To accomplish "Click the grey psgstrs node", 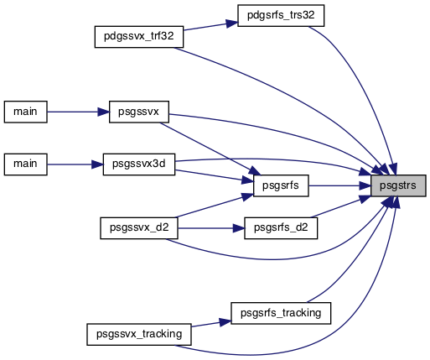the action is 398,185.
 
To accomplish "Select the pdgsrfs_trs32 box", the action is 281,16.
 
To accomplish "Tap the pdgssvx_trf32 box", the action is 139,37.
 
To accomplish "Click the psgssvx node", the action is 139,112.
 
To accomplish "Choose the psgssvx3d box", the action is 139,164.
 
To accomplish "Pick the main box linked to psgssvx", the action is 26,112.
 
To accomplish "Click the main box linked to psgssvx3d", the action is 26,164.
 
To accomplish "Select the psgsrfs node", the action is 281,185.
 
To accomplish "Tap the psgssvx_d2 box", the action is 139,228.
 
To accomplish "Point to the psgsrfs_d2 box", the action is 281,228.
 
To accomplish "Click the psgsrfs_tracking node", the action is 281,313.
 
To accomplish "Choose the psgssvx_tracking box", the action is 139,335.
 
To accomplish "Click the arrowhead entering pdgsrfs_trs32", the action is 232,23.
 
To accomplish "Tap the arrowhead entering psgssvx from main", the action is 103,112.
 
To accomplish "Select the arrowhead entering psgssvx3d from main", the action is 97,164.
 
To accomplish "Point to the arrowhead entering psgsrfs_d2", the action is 239,228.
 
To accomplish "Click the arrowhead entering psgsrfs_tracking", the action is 225,321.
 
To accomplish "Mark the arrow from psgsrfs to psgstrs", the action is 339,185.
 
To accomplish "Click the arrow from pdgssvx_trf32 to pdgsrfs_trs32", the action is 210,26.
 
